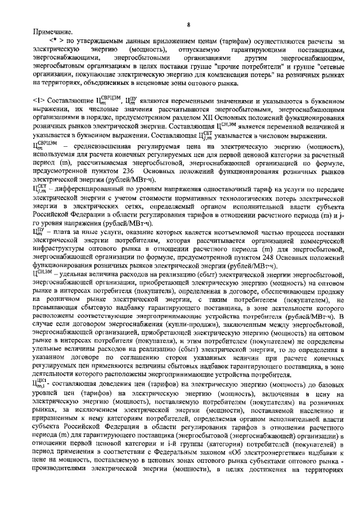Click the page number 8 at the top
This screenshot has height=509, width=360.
tap(189, 24)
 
